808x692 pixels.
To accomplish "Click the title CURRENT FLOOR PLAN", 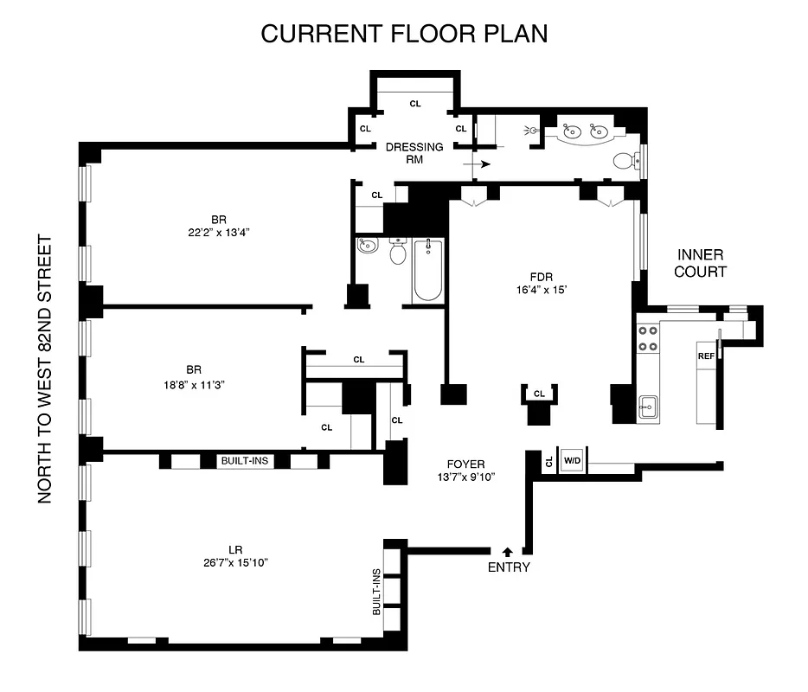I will [x=404, y=34].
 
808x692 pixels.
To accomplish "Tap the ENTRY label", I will [x=509, y=567].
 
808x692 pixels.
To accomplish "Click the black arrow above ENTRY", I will [x=508, y=550].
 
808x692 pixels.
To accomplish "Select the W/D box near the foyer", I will [x=572, y=461].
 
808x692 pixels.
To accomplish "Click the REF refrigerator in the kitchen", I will [x=706, y=356].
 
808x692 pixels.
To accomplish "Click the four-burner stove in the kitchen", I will [x=647, y=338].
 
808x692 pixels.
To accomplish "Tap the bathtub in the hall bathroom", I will [x=426, y=271].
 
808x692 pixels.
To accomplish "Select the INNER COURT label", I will [x=701, y=264].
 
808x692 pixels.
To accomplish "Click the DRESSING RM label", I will [x=414, y=152].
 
